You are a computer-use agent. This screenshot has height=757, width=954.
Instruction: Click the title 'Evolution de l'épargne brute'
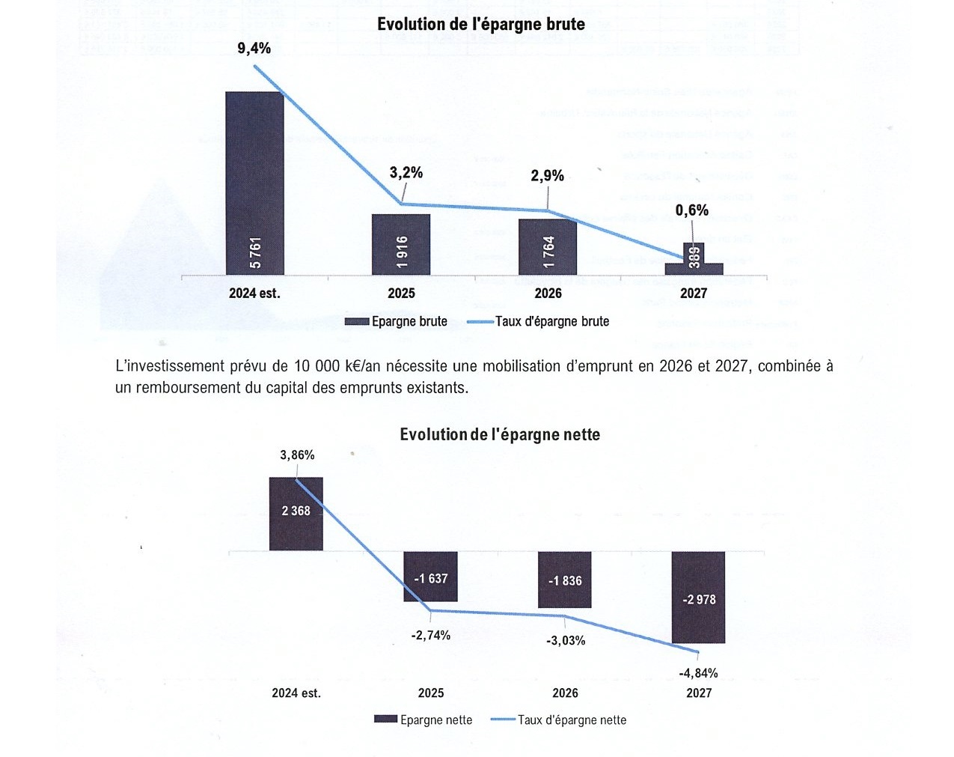point(480,24)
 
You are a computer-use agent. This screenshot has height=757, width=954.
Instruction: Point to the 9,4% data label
point(254,49)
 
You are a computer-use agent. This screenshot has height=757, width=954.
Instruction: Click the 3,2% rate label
point(406,173)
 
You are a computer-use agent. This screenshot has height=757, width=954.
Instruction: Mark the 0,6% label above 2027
point(691,210)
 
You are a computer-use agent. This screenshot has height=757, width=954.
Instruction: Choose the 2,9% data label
point(548,176)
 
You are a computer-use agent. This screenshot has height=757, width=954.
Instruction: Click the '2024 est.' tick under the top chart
point(254,294)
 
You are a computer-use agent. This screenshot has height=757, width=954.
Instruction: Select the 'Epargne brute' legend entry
point(409,321)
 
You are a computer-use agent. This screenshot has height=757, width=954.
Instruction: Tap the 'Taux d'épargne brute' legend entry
point(551,321)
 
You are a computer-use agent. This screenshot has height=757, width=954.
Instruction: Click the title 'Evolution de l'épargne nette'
point(500,434)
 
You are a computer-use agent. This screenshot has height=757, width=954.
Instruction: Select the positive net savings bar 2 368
point(296,514)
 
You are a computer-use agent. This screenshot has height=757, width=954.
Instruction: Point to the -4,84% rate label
point(698,673)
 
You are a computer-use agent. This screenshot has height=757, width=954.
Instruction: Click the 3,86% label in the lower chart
point(297,455)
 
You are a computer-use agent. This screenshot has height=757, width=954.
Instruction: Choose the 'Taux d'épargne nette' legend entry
point(572,720)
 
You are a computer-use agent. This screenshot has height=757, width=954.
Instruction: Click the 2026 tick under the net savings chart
point(565,693)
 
